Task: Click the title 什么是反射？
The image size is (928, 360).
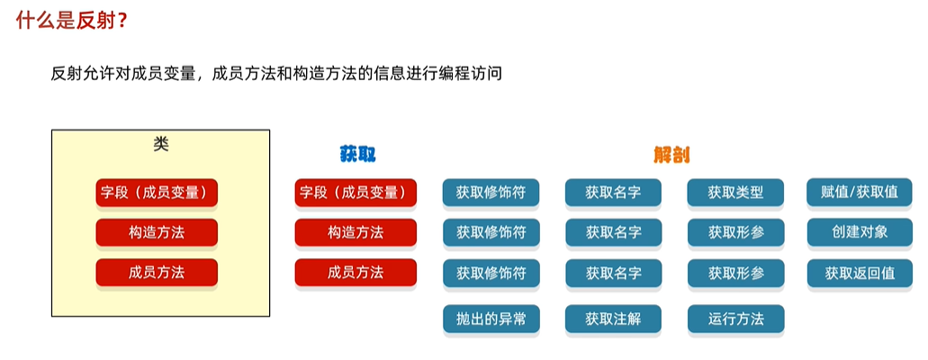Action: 70,21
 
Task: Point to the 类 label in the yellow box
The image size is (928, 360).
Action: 161,144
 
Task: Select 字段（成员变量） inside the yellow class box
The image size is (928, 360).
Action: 157,193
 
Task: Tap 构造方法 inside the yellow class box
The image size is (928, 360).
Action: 157,232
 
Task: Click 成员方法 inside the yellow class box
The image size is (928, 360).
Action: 157,273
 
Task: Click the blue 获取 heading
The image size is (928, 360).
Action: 357,154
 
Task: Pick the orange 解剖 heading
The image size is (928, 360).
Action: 672,154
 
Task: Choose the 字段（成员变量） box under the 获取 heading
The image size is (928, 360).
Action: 356,193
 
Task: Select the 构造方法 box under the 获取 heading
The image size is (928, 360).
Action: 356,232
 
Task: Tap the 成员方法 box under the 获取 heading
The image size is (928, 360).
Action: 356,273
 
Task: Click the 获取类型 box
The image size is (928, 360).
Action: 735,193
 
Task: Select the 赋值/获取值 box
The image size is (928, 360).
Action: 860,193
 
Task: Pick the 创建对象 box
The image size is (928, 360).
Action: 860,232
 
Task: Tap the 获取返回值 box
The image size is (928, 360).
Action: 860,273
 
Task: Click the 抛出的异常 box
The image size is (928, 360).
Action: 491,319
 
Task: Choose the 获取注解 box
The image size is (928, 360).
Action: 613,319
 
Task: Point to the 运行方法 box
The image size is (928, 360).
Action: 735,319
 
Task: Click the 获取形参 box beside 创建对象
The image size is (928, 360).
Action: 735,232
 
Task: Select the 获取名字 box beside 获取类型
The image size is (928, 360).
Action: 613,193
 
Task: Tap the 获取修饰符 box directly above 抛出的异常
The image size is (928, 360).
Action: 491,273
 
